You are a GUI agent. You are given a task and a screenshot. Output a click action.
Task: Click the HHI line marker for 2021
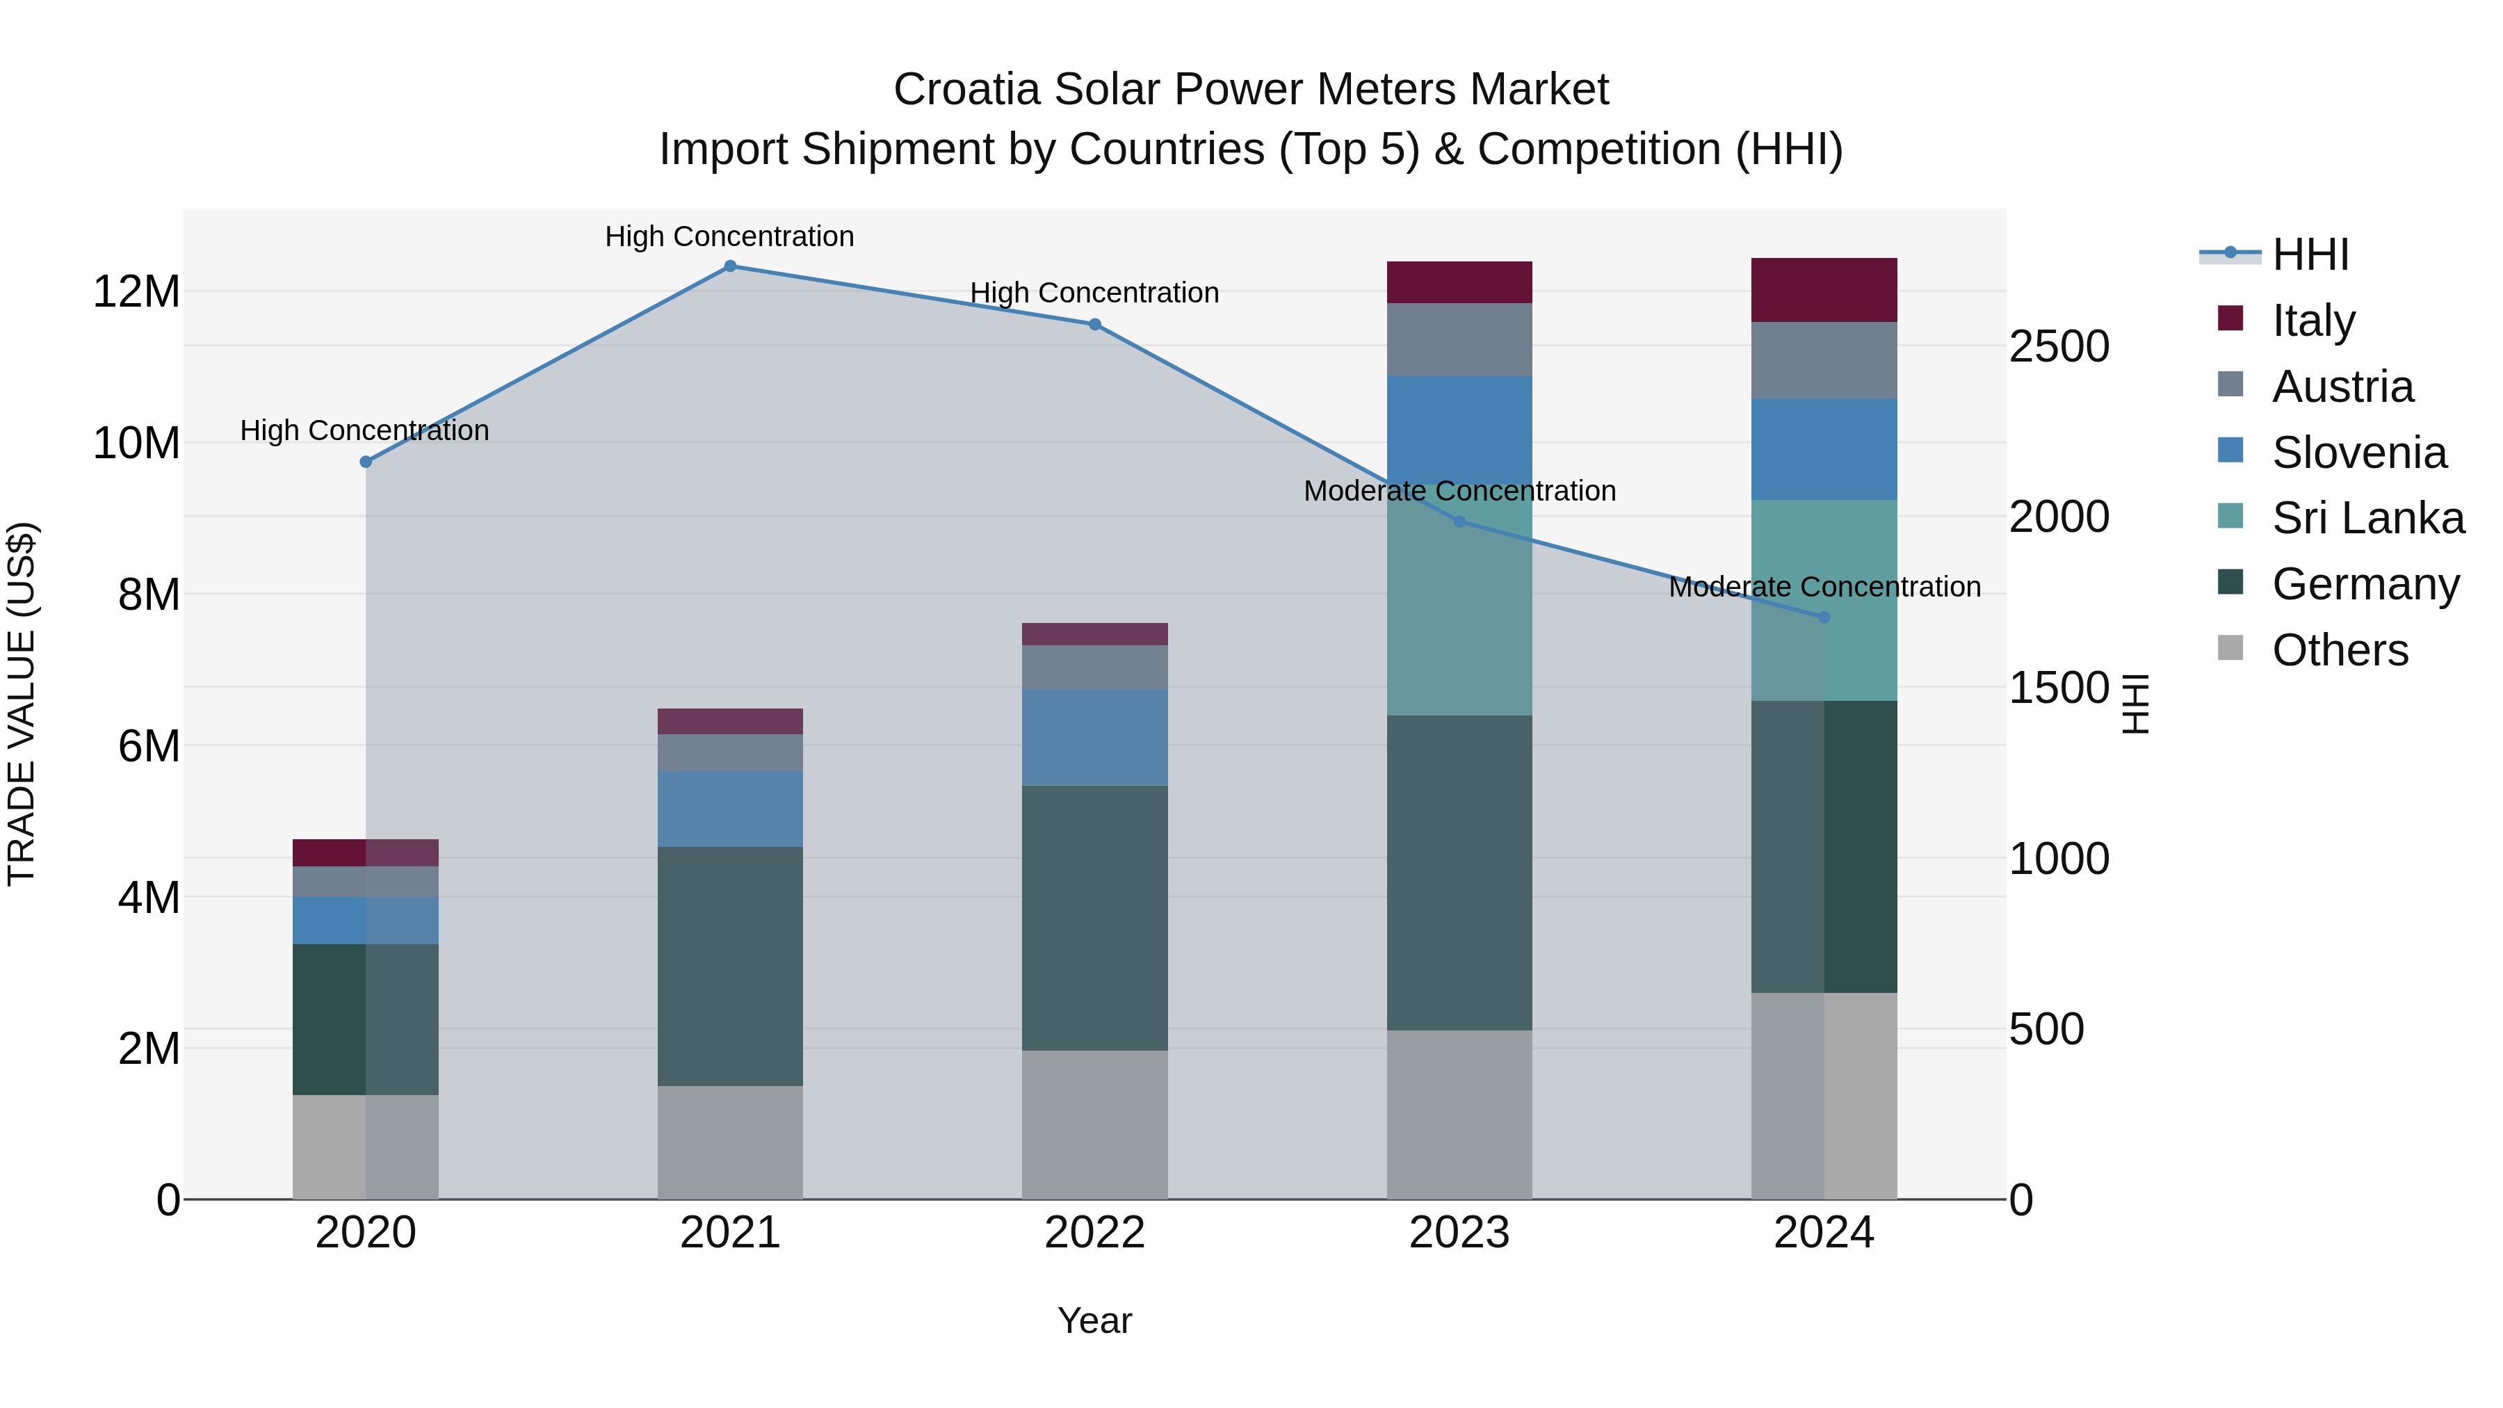730,266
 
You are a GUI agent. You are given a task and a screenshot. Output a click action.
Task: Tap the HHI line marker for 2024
1823,617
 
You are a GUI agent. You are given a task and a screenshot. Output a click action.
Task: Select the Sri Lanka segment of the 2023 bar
1459,622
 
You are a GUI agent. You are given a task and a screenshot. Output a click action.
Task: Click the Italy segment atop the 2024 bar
1823,289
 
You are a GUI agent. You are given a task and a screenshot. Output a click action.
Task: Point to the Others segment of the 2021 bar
730,1142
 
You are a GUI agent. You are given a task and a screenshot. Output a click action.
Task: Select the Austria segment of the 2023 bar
1459,339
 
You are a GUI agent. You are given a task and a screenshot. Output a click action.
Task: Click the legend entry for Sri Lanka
2367,518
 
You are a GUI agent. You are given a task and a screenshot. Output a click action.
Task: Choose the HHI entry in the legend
2310,254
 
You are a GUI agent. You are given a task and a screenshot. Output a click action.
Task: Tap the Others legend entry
2339,650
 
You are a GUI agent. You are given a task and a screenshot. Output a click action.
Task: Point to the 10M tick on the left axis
136,443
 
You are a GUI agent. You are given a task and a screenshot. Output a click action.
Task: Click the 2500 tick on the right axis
2058,347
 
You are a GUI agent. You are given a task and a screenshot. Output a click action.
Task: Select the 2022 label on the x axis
1094,1233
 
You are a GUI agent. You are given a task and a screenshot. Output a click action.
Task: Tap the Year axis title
1094,1320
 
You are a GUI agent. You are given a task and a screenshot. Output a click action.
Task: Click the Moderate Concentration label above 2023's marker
1459,491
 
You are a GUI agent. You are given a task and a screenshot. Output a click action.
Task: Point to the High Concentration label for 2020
364,430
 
